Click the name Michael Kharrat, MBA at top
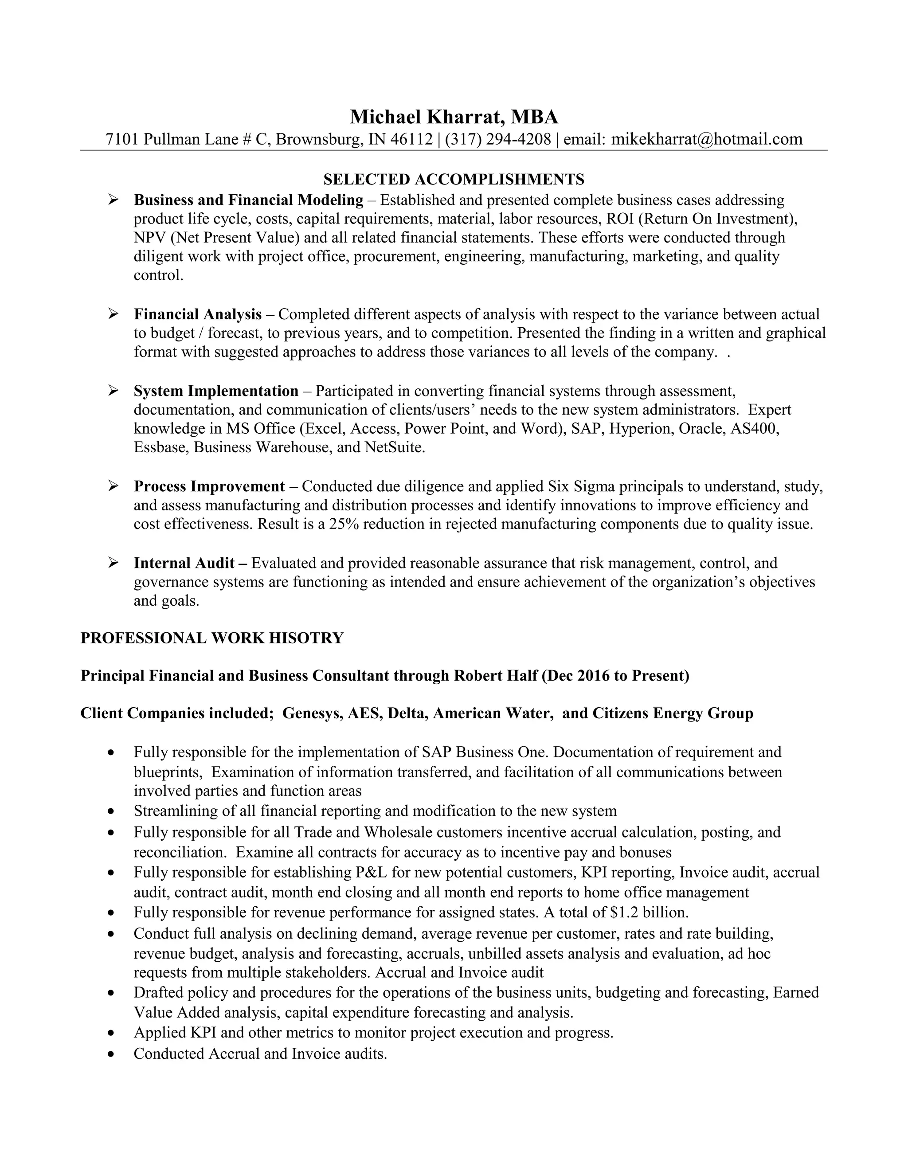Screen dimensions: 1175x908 click(x=454, y=117)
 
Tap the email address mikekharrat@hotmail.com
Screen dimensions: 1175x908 click(x=707, y=139)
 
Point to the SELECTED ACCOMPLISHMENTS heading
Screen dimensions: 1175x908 click(x=454, y=179)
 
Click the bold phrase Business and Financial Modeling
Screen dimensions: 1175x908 click(x=249, y=200)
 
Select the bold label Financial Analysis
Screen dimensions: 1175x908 click(x=197, y=314)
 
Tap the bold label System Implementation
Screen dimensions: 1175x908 click(x=216, y=391)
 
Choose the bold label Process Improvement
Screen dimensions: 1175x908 click(x=209, y=486)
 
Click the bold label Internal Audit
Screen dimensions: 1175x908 click(x=184, y=563)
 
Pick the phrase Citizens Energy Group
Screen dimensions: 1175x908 click(x=673, y=713)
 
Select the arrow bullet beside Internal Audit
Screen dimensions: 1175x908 click(x=113, y=563)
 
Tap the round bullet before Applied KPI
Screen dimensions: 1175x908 click(x=111, y=1034)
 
